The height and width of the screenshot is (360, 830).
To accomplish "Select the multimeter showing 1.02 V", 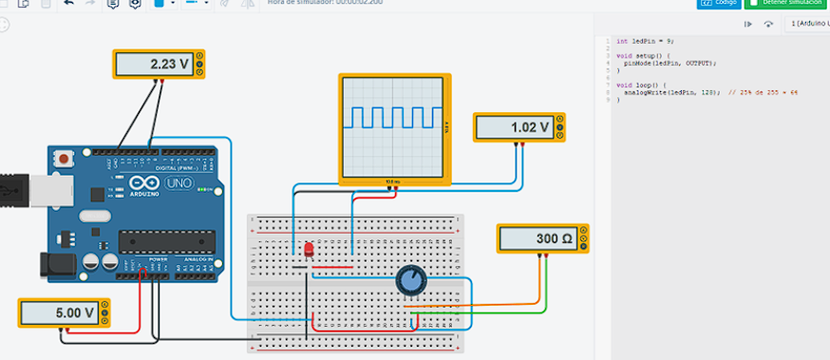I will (x=518, y=126).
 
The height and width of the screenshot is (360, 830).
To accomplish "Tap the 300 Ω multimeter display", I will (x=541, y=238).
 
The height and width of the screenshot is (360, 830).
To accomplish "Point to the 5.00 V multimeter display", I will (x=64, y=312).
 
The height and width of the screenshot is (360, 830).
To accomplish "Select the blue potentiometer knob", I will (x=410, y=280).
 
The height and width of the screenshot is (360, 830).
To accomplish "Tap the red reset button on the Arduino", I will (x=64, y=160).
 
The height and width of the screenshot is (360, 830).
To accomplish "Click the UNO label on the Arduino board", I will (x=178, y=182).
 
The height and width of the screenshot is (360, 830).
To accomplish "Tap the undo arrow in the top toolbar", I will (x=68, y=4).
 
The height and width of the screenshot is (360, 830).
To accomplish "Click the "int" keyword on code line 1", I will (x=622, y=41).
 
